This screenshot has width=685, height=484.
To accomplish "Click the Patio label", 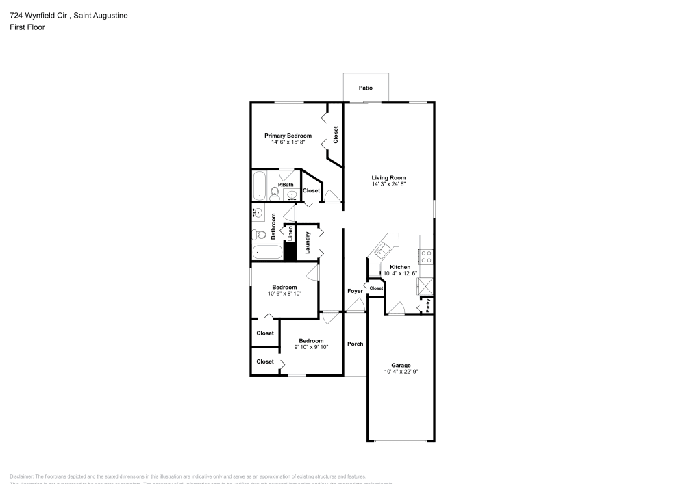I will [x=366, y=88].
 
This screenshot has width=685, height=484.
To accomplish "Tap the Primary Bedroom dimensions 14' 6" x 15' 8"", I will [x=288, y=142].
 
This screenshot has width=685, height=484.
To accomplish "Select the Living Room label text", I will [x=389, y=177].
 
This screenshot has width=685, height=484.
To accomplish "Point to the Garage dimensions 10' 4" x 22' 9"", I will [x=401, y=372].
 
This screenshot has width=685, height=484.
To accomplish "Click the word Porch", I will [x=355, y=344].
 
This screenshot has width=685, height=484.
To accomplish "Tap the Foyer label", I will [x=355, y=292].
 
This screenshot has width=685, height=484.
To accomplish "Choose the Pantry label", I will [x=428, y=306].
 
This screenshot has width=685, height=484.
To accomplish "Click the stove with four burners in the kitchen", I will [x=425, y=257].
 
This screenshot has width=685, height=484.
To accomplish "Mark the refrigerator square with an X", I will [x=425, y=285].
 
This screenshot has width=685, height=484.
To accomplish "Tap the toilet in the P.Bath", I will [x=275, y=192].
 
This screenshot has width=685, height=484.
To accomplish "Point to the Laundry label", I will [x=308, y=243].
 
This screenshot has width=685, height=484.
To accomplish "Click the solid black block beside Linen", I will [x=290, y=251].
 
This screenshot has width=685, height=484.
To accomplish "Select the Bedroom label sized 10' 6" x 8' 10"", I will [x=284, y=287].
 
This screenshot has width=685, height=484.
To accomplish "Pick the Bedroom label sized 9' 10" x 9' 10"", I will [x=311, y=341].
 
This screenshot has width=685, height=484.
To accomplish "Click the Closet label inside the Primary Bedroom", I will [x=336, y=134].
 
